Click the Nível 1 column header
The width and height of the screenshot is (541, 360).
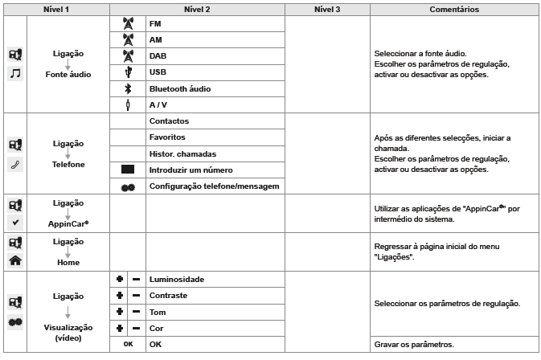pos(55,10)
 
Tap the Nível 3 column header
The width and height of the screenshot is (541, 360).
pos(326,10)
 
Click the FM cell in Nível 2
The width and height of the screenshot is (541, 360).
pos(155,24)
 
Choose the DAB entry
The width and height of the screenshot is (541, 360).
pos(157,56)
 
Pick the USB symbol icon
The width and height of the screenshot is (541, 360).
pos(127,72)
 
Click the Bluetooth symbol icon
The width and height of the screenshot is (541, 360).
pos(127,88)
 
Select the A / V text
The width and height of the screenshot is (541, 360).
pos(158,104)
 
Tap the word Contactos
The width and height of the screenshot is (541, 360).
pos(169,121)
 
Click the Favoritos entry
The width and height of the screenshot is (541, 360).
pos(167,137)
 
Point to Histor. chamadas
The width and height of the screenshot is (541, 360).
pos(182,153)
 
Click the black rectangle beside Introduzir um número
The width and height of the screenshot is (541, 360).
pos(127,170)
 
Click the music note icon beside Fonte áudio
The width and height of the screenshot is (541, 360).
pos(15,74)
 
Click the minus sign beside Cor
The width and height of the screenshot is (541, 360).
pos(136,328)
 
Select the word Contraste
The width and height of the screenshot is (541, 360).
pos(169,296)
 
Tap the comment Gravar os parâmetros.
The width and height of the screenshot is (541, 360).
pos(414,344)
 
